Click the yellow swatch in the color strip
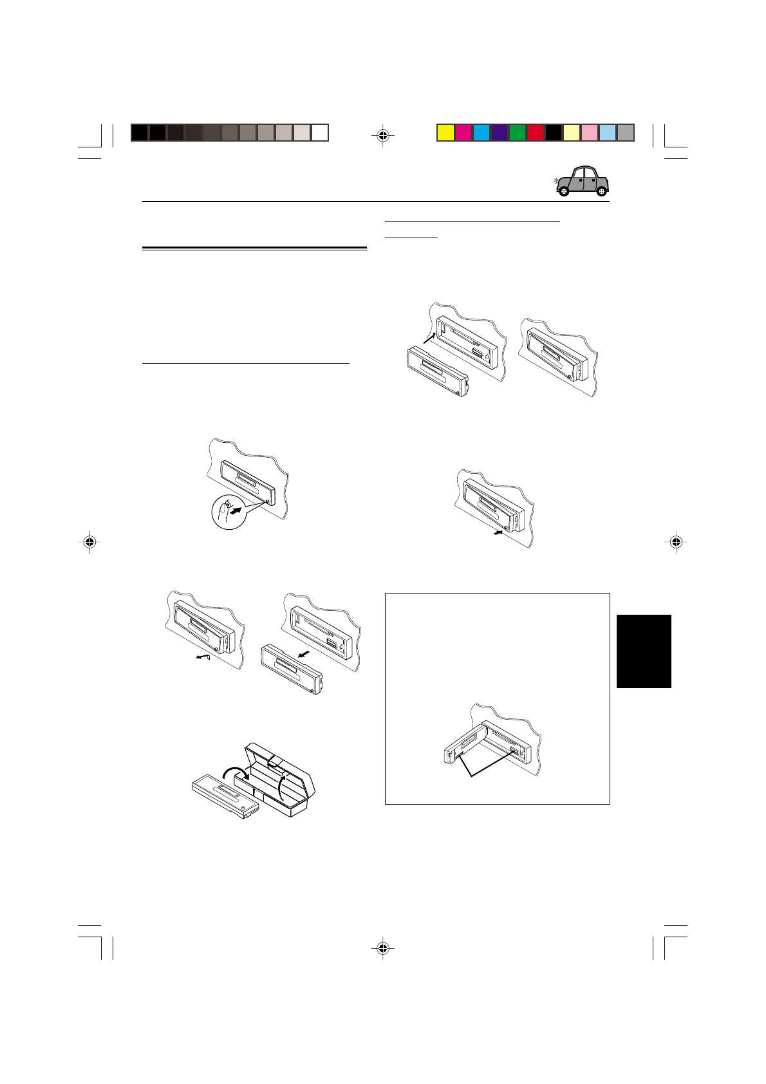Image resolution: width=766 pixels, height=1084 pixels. [x=445, y=133]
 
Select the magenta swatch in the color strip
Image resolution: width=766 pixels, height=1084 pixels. [x=463, y=133]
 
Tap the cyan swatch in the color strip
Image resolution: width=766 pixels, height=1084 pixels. [x=481, y=133]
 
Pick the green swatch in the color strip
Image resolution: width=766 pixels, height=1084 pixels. [x=518, y=133]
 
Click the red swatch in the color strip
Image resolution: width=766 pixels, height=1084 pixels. [x=536, y=133]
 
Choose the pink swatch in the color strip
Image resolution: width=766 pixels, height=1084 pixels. [x=590, y=133]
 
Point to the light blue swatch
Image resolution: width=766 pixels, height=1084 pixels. [x=608, y=133]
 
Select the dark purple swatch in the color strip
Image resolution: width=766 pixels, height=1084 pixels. [x=500, y=133]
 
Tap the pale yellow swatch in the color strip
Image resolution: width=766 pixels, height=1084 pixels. [x=572, y=133]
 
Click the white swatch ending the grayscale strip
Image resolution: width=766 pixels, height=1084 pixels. [x=320, y=133]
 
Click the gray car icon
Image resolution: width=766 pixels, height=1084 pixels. [x=582, y=182]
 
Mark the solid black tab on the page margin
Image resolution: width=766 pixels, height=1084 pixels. [x=644, y=651]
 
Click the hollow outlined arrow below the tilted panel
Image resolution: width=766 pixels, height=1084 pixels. [x=203, y=657]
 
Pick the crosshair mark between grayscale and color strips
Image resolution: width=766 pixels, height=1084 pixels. [x=383, y=135]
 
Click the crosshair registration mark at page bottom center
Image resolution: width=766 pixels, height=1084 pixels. [x=383, y=948]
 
